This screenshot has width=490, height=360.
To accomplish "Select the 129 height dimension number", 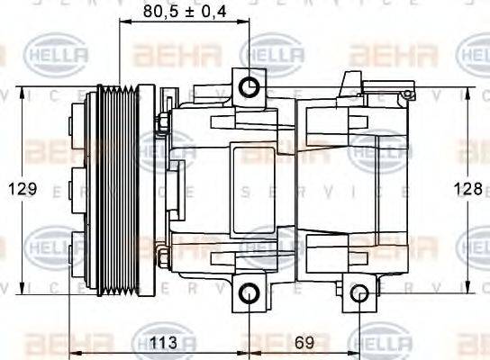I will tap(23, 188).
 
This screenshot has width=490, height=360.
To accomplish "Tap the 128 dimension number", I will tap(467, 188).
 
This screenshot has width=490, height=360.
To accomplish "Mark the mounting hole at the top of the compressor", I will tap(249, 86).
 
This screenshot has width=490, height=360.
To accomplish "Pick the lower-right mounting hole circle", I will tap(359, 292).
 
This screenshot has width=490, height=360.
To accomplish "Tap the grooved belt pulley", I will tap(116, 189).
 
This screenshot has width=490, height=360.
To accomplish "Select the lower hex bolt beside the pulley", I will tap(163, 259).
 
